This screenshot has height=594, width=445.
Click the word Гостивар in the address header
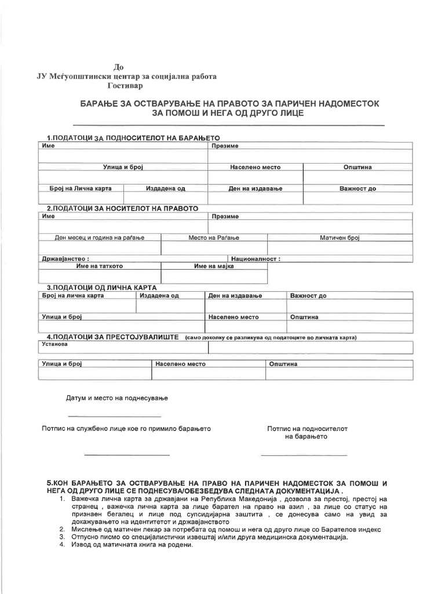[x=126, y=85]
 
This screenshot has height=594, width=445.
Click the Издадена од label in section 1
[x=165, y=189]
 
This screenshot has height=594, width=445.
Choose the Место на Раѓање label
[x=214, y=238]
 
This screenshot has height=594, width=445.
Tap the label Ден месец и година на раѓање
[x=99, y=238]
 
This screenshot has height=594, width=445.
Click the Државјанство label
[x=65, y=259]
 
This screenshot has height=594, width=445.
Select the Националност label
[x=256, y=259]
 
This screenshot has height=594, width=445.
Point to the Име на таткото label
[x=99, y=266]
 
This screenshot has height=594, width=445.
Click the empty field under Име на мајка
[x=214, y=277]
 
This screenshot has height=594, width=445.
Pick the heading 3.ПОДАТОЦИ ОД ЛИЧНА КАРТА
[x=101, y=287]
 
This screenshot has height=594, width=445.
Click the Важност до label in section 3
[x=308, y=296]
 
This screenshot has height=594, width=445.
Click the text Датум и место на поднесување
[x=116, y=399]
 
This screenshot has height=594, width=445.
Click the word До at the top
[x=119, y=67]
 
